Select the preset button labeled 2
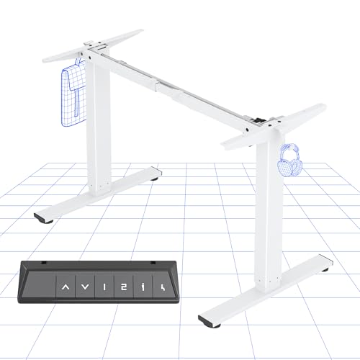point(124,289)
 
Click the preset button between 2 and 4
point(143,289)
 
